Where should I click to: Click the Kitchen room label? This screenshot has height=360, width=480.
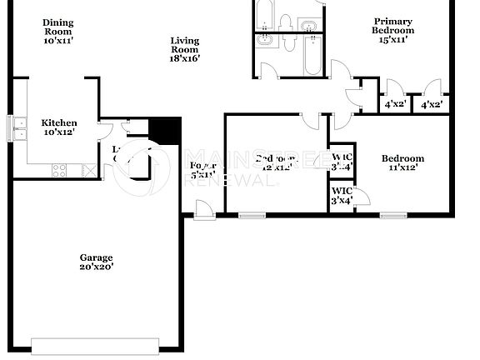coord(59,127)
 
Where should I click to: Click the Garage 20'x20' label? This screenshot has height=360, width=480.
coord(96,262)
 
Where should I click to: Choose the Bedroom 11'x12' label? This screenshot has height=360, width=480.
coord(402,163)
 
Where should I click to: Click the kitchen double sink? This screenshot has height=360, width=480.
coord(18,127)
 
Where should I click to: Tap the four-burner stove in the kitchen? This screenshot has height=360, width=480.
coord(60,170)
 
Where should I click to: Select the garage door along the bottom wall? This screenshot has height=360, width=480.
coord(95,345)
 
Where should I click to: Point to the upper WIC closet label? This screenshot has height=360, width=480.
coord(342,162)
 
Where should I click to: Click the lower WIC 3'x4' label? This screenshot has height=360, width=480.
coord(342,196)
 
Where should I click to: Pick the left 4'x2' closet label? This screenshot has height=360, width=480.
coord(393,105)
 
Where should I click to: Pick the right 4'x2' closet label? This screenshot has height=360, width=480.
coord(431,105)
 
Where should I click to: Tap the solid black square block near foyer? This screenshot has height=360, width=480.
coord(165,132)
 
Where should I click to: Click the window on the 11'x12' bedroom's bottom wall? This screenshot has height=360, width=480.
coord(392,216)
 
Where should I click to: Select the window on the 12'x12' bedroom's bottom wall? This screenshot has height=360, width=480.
coord(250,216)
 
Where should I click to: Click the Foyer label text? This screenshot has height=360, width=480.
coord(202,171)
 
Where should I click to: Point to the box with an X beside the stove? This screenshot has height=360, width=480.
coord(86,170)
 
